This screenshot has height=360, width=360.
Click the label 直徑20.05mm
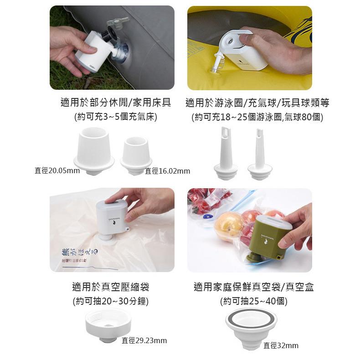tap(57, 171)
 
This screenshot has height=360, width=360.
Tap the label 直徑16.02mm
tap(167, 171)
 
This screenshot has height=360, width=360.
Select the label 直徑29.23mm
tap(144, 340)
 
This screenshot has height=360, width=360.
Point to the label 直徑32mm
tap(281, 345)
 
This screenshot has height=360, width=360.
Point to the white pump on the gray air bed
tap(93, 51)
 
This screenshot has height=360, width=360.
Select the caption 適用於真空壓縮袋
tap(111, 287)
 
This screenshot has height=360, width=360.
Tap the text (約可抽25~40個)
tap(253, 301)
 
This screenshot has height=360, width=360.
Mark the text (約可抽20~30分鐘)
tap(111, 301)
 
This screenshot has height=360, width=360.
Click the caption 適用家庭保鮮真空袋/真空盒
tap(253, 287)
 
